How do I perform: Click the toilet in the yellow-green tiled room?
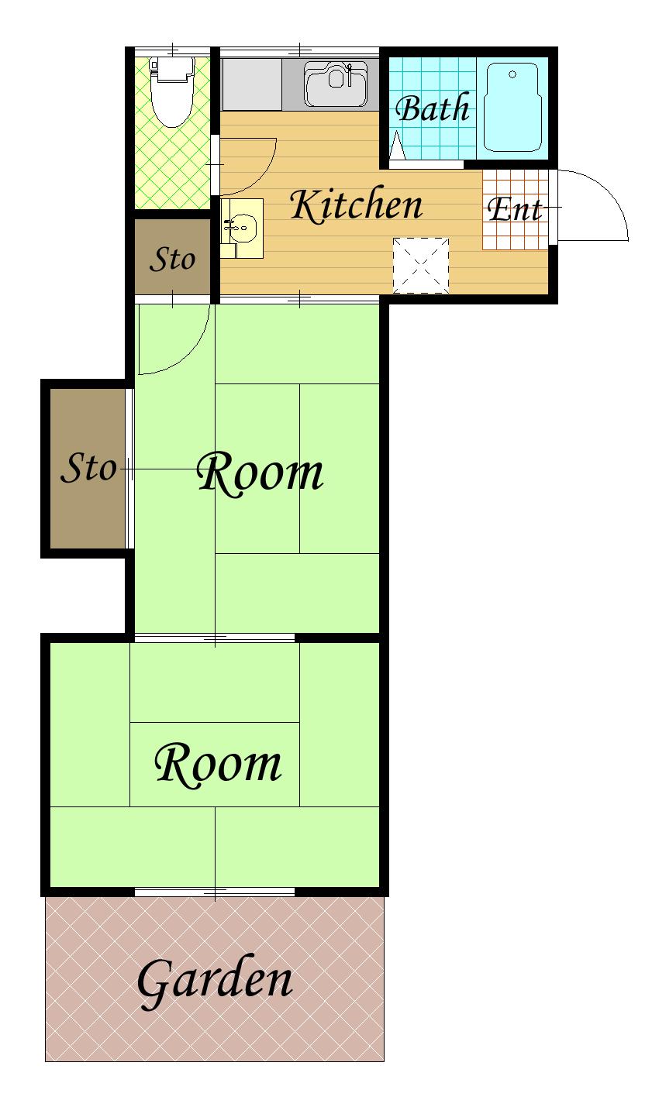(171, 92)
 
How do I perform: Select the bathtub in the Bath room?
(512, 107)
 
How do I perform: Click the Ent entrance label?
(515, 209)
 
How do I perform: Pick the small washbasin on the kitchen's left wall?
(242, 229)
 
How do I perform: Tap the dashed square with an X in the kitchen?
(420, 266)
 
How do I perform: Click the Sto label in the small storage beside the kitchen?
(172, 259)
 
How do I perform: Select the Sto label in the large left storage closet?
(88, 467)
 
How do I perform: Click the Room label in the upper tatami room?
(260, 473)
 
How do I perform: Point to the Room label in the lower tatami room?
(218, 764)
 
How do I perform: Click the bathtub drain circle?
(512, 74)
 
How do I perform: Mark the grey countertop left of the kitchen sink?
(252, 84)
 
